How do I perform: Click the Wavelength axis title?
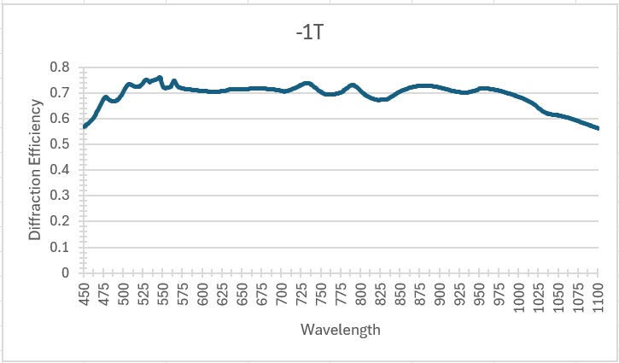point(341,330)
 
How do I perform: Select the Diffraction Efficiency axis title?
point(35,169)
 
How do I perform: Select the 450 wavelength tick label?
point(85,297)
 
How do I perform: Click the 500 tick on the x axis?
point(124,297)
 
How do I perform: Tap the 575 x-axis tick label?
point(184,297)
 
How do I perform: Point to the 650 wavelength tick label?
point(242,297)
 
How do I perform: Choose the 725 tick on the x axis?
point(301,297)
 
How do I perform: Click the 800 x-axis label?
point(361,297)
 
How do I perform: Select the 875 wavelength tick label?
point(420,297)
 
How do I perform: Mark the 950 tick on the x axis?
point(480,297)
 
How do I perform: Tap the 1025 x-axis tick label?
point(539,300)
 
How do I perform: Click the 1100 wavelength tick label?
point(598,300)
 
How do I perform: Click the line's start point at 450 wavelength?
point(85,126)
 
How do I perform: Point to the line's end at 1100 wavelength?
point(598,129)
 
